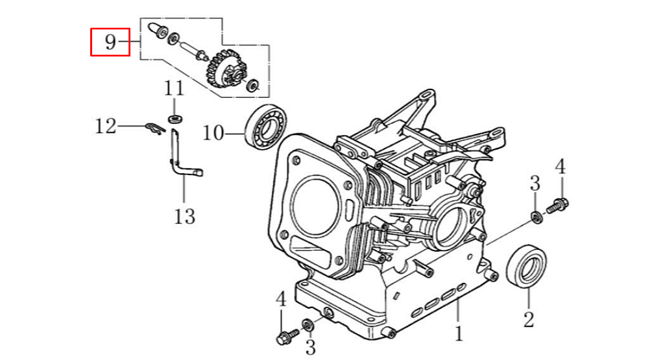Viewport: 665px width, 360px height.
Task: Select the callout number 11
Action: click(x=174, y=88)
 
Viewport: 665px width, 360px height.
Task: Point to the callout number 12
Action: click(x=106, y=126)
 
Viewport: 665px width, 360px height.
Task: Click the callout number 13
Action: click(x=184, y=215)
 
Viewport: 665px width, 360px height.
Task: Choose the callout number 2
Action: click(x=529, y=319)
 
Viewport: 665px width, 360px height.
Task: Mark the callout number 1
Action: click(x=459, y=334)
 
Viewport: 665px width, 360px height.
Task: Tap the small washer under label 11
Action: click(x=175, y=119)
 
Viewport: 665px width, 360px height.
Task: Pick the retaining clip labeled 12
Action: click(x=153, y=128)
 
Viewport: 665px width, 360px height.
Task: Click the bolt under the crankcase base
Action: click(x=285, y=337)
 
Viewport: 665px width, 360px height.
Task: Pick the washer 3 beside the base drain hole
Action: click(x=309, y=325)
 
